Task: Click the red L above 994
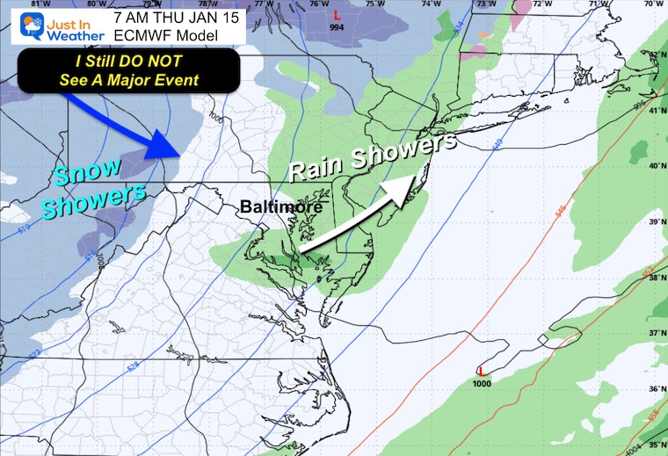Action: [337, 15]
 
